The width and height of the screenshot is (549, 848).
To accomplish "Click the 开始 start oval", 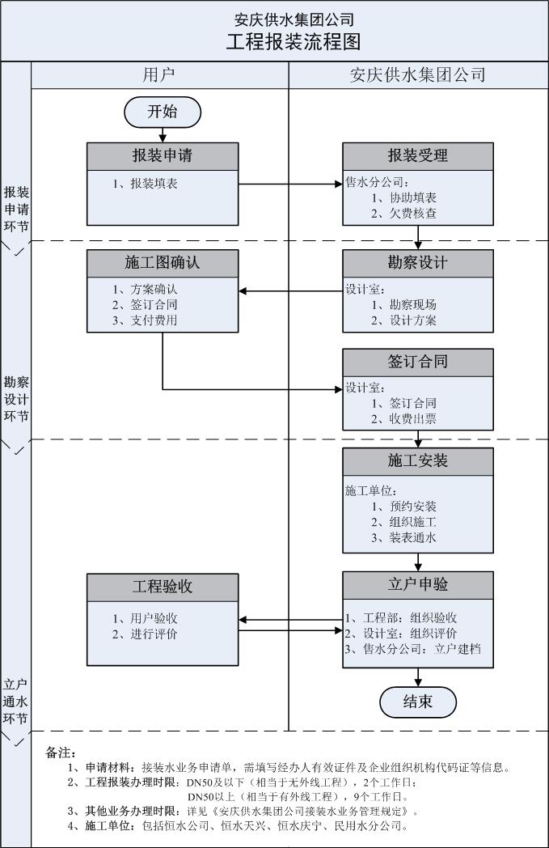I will pyautogui.click(x=163, y=112).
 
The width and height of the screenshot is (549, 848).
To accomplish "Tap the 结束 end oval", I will pyautogui.click(x=418, y=702).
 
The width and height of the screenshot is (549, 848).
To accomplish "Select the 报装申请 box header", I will pyautogui.click(x=163, y=155).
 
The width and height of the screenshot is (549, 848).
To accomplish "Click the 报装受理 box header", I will pyautogui.click(x=418, y=155).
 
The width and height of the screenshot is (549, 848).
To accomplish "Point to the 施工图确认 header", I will pyautogui.click(x=163, y=262).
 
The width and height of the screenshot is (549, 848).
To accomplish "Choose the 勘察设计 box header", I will pyautogui.click(x=418, y=262).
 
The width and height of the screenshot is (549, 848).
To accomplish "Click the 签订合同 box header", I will pyautogui.click(x=418, y=361).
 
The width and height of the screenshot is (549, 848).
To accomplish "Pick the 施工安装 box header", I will pyautogui.click(x=418, y=461).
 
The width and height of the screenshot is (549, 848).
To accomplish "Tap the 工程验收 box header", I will pyautogui.click(x=163, y=586).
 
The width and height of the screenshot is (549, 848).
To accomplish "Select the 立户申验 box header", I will pyautogui.click(x=418, y=584).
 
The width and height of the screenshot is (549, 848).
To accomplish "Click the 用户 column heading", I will pyautogui.click(x=159, y=75).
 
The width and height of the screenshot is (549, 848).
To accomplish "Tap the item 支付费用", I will pyautogui.click(x=151, y=320).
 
